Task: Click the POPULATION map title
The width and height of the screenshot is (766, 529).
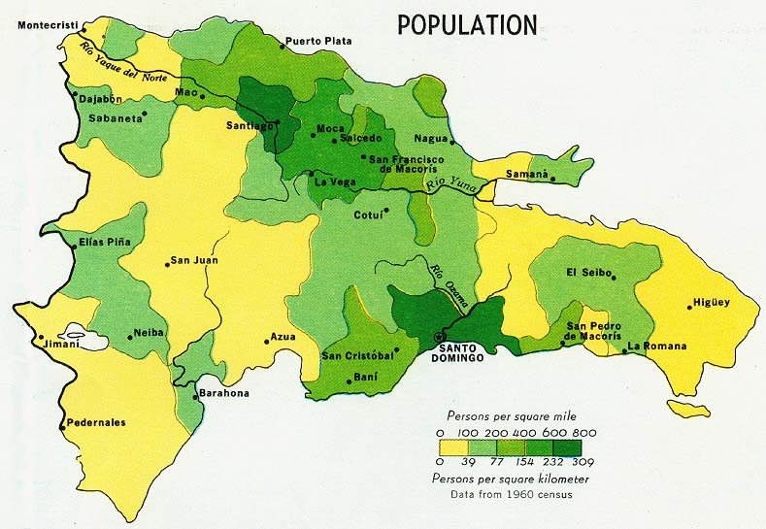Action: (x=467, y=24)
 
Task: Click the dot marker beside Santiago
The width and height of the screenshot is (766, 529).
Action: (x=277, y=123)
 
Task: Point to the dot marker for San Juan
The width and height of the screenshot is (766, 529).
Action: (x=167, y=264)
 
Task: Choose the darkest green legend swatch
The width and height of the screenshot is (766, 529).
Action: (x=568, y=447)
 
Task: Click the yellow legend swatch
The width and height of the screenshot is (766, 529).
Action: (x=454, y=447)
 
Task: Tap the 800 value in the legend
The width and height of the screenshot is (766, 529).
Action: (x=585, y=432)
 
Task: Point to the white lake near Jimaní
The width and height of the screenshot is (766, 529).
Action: (x=83, y=337)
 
